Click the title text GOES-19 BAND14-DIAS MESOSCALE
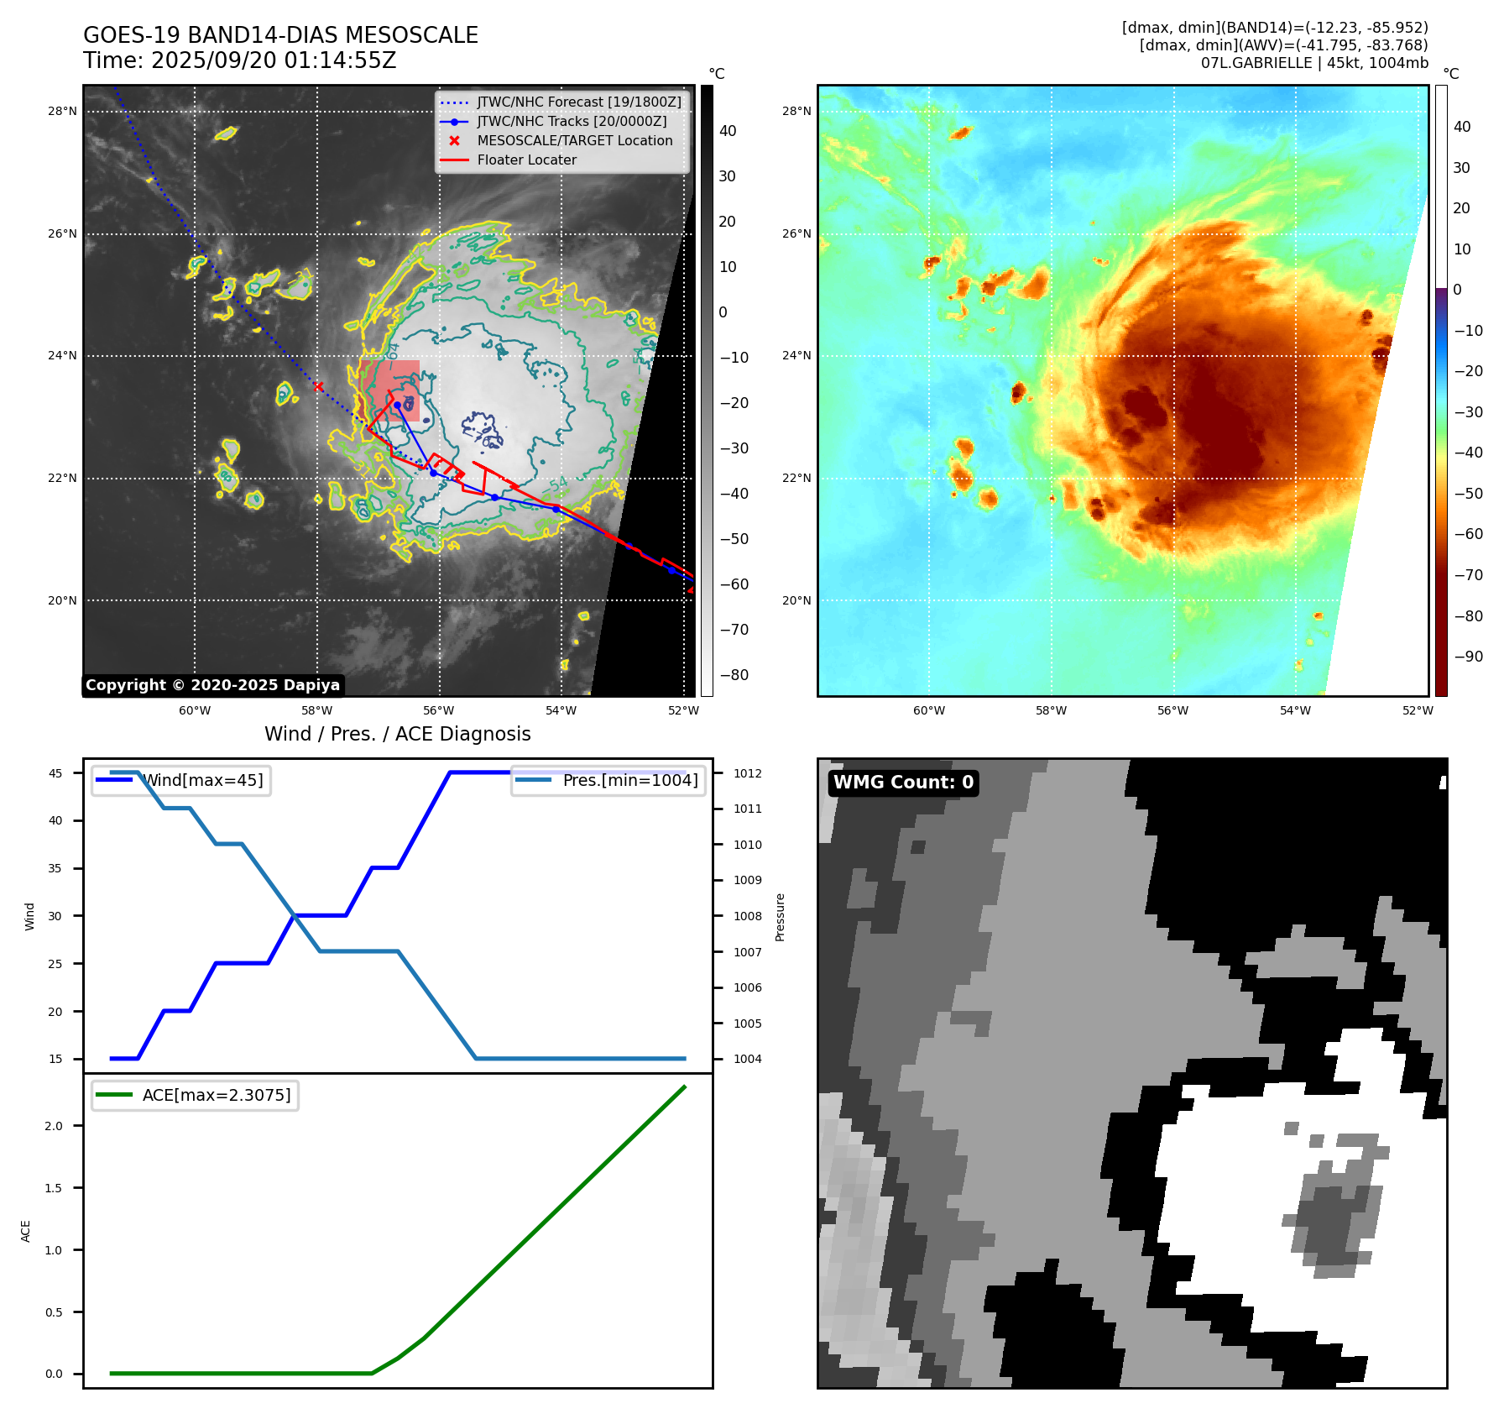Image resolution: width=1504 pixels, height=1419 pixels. point(280,35)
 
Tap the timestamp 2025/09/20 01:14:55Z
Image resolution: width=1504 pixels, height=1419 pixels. point(274,60)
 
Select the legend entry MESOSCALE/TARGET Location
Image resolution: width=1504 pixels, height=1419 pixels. point(574,140)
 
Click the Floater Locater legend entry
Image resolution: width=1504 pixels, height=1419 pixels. point(526,160)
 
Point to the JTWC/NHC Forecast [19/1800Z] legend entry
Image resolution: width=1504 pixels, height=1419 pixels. point(579,102)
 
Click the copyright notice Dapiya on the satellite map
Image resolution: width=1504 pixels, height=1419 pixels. point(212,685)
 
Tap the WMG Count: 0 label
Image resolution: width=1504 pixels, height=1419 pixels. point(903,783)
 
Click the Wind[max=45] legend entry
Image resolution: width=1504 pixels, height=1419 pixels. point(202,780)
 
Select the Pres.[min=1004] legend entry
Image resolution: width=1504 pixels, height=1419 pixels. point(629,780)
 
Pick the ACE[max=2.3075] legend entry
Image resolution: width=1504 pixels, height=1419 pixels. point(216,1095)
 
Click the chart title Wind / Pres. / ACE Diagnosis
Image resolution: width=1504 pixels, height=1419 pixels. point(397,734)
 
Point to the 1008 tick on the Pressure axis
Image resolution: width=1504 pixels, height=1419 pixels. point(747,916)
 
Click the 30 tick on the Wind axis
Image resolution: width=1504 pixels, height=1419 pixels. point(55,916)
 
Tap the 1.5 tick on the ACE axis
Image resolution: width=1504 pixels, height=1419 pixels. point(54,1188)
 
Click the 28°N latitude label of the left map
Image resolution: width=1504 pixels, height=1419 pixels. point(62,111)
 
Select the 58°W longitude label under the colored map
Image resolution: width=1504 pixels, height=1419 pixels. point(1051,710)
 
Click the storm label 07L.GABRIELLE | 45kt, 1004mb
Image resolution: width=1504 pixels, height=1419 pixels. point(1313,63)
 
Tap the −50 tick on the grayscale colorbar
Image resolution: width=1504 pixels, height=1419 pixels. point(734,539)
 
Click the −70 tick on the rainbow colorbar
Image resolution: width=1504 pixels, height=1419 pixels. point(1468,575)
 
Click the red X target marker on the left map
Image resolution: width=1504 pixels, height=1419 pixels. point(318,386)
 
